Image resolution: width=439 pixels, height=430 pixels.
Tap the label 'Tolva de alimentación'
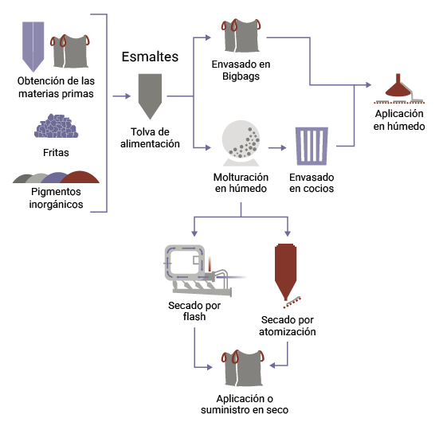(150, 138)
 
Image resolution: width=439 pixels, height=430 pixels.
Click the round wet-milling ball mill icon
(241, 142)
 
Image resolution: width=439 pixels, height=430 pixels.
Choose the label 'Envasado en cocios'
(312, 182)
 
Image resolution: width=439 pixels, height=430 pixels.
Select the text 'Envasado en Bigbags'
(241, 70)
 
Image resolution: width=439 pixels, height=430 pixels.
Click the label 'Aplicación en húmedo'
(400, 120)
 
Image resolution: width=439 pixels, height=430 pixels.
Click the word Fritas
(55, 152)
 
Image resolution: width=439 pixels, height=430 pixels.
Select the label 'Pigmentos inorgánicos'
(56, 198)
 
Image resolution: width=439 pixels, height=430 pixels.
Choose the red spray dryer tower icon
(286, 271)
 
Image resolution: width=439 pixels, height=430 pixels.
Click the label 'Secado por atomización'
(288, 326)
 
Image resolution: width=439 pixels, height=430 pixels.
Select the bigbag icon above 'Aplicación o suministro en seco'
(241, 367)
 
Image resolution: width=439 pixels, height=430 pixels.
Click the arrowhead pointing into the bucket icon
(284, 147)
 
